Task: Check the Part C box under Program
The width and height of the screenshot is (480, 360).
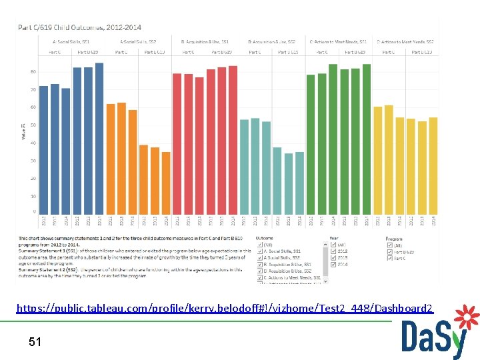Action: tap(389, 258)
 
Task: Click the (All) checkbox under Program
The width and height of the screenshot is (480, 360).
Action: tap(389, 245)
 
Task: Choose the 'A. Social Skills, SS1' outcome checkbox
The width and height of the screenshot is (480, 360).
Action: tap(260, 251)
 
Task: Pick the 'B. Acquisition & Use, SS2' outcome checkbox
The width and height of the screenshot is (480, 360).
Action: tap(260, 271)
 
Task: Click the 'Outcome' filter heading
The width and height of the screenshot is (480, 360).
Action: tap(263, 237)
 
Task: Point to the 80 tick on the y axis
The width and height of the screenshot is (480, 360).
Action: tap(33, 71)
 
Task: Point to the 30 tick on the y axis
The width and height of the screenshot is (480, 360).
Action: tap(33, 161)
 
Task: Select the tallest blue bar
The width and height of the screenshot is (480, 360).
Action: tap(99, 139)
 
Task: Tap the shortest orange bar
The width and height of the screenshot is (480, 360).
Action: tap(166, 183)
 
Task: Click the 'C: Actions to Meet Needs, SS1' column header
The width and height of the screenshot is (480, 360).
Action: tap(338, 42)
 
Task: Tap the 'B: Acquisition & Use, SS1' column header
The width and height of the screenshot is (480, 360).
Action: tap(205, 42)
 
